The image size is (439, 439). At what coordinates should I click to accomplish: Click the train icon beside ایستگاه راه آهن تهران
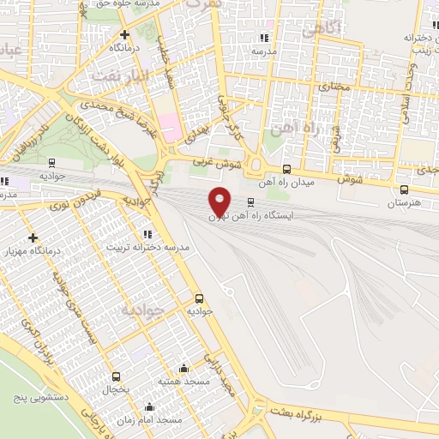250,203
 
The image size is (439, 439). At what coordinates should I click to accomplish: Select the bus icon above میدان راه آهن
286,168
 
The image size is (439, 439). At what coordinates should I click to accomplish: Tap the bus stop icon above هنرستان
404,190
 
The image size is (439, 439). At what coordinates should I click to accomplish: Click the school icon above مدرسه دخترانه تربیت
147,233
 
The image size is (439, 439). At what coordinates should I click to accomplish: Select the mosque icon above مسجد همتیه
183,368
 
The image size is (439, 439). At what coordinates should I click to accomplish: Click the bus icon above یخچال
116,376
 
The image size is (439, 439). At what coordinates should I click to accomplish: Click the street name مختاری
334,87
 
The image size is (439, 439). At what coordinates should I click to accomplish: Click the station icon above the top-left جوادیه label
52,162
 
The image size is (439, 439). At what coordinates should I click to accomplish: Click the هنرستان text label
403,204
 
